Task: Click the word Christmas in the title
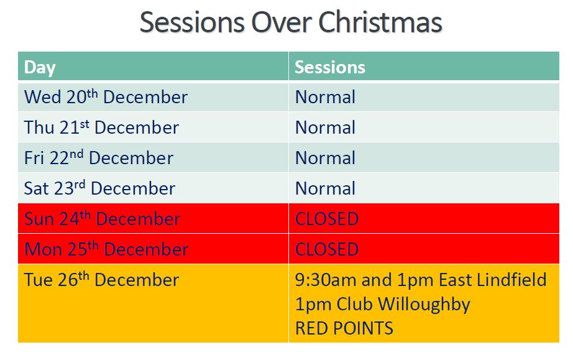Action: click(x=380, y=22)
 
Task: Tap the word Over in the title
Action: click(x=282, y=22)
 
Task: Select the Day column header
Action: click(x=40, y=68)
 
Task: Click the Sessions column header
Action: click(x=330, y=67)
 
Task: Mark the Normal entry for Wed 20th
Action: click(x=325, y=97)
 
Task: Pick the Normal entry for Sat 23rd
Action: click(x=325, y=188)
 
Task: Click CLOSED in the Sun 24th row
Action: click(x=327, y=219)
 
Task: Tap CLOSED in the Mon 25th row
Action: click(x=327, y=249)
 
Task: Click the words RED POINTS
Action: click(x=344, y=328)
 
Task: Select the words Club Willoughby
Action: click(x=403, y=305)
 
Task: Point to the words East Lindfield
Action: click(x=492, y=280)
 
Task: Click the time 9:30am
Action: click(x=326, y=280)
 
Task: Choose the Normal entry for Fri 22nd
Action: click(x=325, y=158)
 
